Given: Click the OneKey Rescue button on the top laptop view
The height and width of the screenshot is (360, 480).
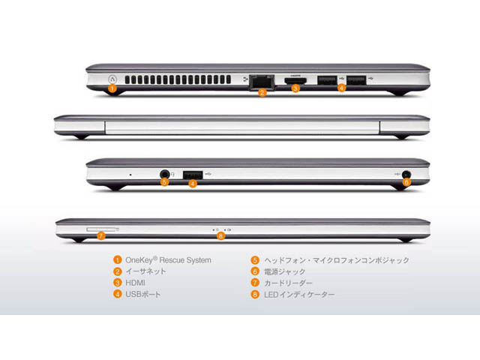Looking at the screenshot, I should point(111,77).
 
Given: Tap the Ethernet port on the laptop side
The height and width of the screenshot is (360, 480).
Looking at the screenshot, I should point(260,79).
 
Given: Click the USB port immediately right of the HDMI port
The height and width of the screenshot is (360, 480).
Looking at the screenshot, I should point(326,79).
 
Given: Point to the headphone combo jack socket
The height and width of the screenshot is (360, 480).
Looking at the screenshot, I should point(165,173).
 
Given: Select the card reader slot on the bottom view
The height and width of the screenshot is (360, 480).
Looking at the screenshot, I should point(102,224).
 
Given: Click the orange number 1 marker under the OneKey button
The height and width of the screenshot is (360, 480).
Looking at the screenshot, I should point(111,88).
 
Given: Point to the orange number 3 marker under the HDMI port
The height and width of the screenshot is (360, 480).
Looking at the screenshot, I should point(295,88).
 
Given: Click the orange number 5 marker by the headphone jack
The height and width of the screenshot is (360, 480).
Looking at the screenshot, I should point(165,183).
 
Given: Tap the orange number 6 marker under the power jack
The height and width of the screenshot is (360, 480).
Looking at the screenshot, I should point(406,182).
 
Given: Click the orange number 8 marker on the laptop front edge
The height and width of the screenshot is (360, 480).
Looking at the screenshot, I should point(220,236).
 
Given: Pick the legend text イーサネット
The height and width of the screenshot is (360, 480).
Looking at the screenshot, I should point(145,271).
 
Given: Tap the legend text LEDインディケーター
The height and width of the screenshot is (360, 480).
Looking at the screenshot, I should point(299,295).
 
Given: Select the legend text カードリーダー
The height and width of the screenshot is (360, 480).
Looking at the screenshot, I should point(289,283).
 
